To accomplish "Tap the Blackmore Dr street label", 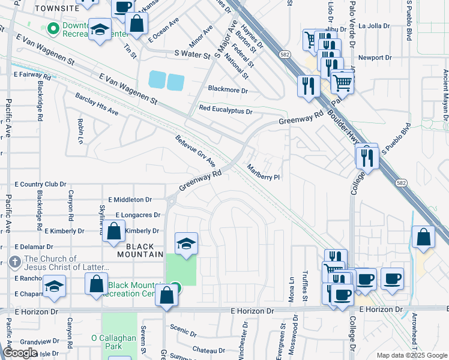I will click(x=228, y=90).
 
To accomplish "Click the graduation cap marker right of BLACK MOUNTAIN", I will click(x=186, y=244).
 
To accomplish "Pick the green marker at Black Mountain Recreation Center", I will click(x=174, y=287).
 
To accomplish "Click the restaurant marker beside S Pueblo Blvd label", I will click(x=366, y=157).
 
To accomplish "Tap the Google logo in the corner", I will click(x=20, y=353).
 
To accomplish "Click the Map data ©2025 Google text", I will click(x=411, y=355).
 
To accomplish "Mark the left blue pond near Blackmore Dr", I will click(x=155, y=80).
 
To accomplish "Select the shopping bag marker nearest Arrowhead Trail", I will click(x=424, y=236).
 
